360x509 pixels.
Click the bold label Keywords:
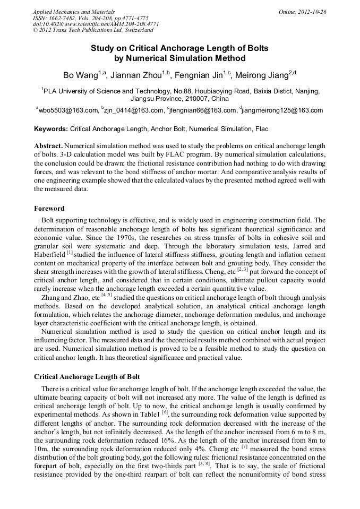pyautogui.click(x=51, y=129)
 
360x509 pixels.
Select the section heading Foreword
pyautogui.click(x=49, y=209)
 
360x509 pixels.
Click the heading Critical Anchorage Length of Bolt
pyautogui.click(x=87, y=377)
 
